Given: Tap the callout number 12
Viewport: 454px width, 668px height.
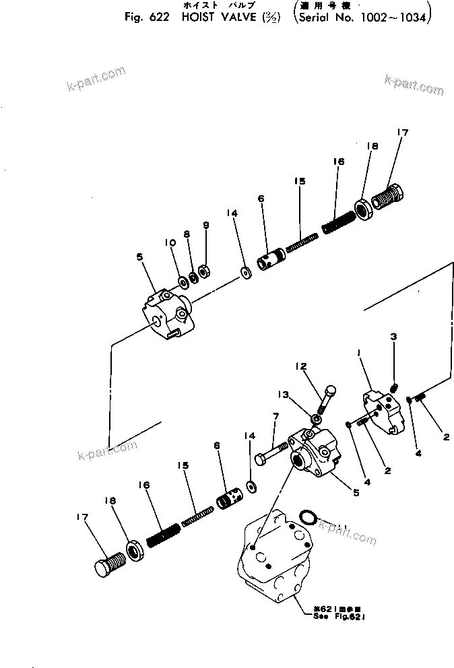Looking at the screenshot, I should pyautogui.click(x=300, y=366).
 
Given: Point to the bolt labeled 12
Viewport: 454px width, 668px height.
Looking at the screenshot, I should pyautogui.click(x=326, y=399).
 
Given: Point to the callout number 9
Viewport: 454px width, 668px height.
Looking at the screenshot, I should pyautogui.click(x=206, y=226).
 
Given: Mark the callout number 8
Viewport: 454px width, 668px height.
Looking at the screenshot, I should pyautogui.click(x=187, y=234).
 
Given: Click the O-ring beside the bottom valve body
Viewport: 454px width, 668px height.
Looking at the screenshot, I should pyautogui.click(x=307, y=517).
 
